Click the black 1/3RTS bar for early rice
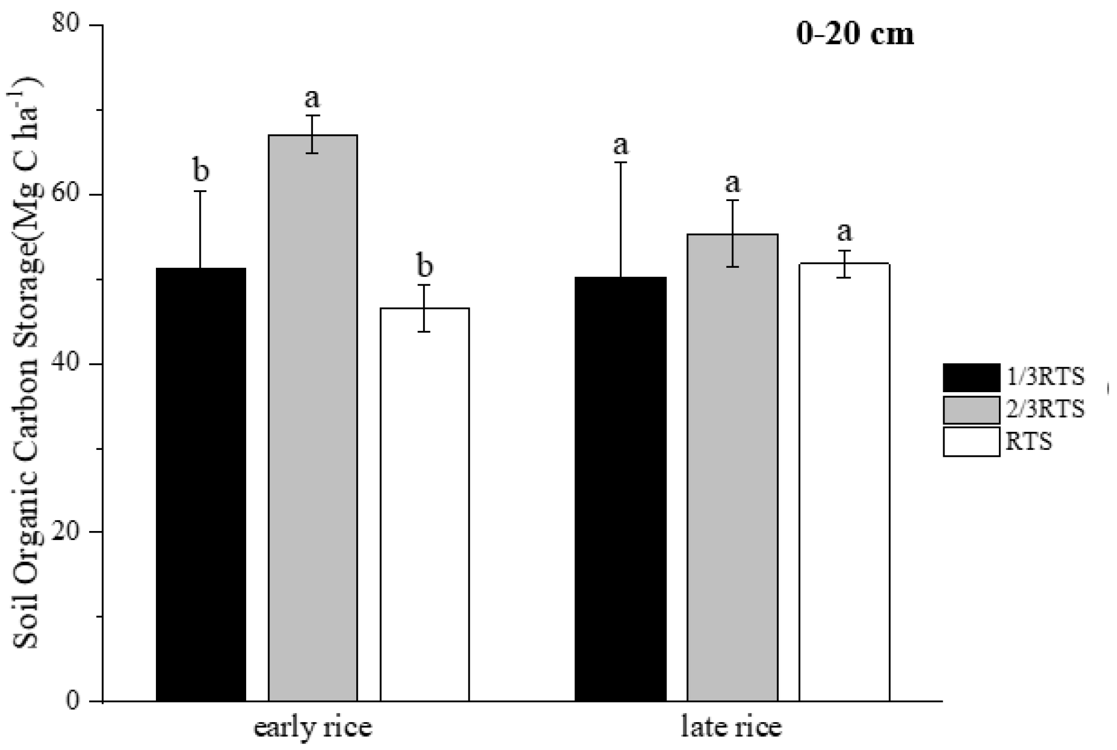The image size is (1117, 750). [x=201, y=485]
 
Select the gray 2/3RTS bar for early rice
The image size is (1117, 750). [x=313, y=418]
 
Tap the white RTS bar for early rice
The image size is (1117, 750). [x=424, y=505]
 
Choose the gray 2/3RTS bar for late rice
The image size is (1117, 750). [x=732, y=468]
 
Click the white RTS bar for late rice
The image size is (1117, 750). [x=844, y=483]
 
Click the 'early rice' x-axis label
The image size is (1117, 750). [x=313, y=728]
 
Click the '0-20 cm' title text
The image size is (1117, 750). [x=854, y=35]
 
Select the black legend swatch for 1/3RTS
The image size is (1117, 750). [x=971, y=378]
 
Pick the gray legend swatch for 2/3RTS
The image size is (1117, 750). [x=971, y=410]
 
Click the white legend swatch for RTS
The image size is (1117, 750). [x=971, y=441]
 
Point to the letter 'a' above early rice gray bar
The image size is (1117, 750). [x=312, y=98]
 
